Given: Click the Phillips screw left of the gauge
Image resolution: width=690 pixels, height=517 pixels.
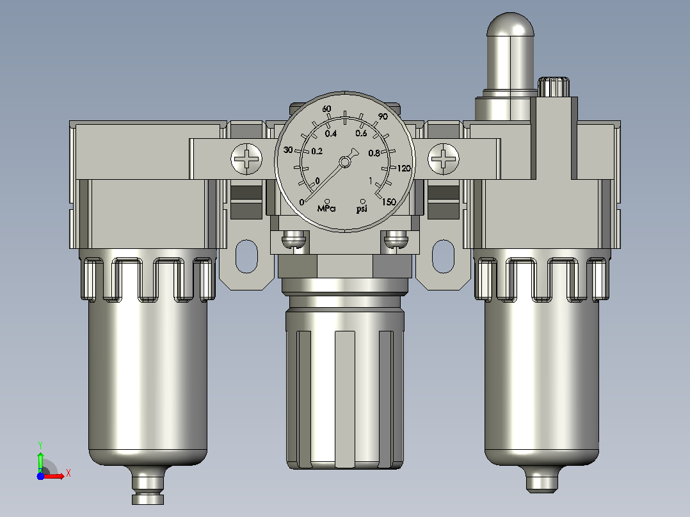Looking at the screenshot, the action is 246,159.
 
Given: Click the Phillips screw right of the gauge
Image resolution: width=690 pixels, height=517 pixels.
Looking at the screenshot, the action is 443,159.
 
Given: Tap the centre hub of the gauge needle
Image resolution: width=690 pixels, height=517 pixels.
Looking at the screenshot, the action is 345,163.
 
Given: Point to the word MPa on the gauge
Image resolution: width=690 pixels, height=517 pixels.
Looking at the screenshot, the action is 326,208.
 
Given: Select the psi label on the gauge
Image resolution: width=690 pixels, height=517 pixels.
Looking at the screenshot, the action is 362,208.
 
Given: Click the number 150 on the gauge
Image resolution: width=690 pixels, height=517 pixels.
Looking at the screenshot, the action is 389,202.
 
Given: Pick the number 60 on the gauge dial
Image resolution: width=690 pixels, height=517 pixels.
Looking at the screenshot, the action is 326,109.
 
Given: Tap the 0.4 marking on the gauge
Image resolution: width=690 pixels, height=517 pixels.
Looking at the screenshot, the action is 331,133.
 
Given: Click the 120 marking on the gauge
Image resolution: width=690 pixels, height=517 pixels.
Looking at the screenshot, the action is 403,168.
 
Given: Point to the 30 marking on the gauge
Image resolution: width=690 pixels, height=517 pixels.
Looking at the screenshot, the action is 288,150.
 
